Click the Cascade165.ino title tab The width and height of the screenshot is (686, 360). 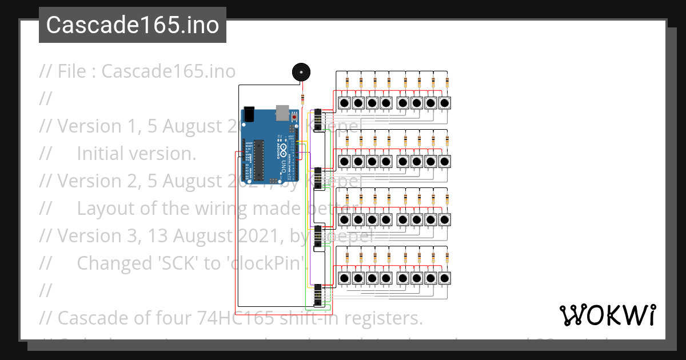coord(133,25)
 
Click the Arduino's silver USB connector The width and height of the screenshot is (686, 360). coord(282,111)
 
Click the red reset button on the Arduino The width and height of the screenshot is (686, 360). coord(294,117)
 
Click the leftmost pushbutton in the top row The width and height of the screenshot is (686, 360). coord(345,103)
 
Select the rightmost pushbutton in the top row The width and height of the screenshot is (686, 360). coord(445,103)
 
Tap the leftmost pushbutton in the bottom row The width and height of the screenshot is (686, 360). coord(345,278)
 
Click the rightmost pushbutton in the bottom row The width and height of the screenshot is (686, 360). coord(445,278)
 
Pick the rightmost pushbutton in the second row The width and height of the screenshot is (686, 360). coord(445,162)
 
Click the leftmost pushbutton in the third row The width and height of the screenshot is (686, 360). coord(345,220)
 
